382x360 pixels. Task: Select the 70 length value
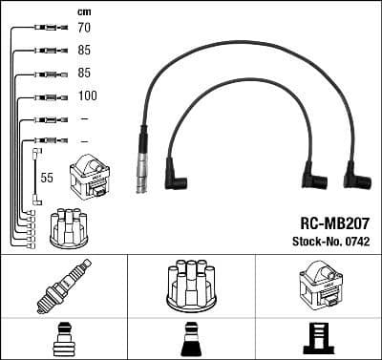pos(85,30)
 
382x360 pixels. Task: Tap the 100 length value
pos(88,96)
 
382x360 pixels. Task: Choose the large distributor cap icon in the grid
pos(190,285)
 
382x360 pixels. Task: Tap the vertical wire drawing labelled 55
pos(37,176)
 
